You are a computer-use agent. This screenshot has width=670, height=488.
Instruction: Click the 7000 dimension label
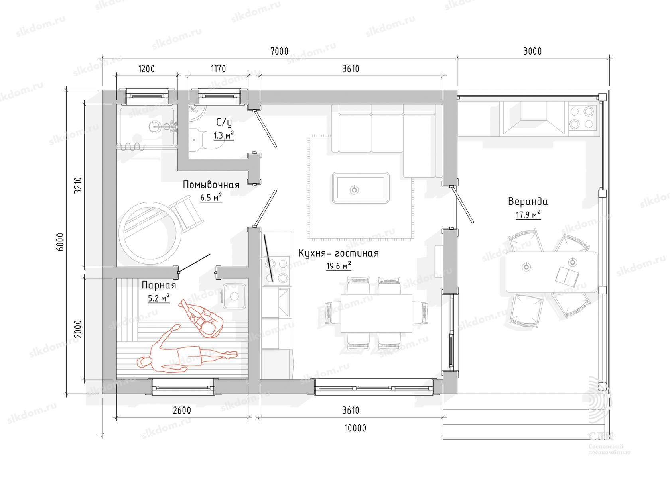279,51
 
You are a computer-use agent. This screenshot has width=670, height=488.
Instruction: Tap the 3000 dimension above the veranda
532,51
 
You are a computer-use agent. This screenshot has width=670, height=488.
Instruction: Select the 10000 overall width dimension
355,428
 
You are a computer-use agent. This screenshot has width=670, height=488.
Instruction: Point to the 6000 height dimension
60,242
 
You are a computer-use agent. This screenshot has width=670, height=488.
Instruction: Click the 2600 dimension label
182,410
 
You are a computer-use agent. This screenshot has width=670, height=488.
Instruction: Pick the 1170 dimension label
219,69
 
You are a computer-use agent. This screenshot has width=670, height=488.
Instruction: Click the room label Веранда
528,202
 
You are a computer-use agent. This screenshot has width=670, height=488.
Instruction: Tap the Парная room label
159,285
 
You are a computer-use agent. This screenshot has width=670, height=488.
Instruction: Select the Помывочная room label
211,185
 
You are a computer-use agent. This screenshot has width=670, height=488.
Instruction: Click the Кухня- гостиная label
339,253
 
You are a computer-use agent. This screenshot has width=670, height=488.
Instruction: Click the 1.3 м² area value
223,135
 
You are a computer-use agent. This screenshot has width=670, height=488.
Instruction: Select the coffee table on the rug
360,188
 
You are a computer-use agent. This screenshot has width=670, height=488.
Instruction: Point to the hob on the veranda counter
581,118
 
